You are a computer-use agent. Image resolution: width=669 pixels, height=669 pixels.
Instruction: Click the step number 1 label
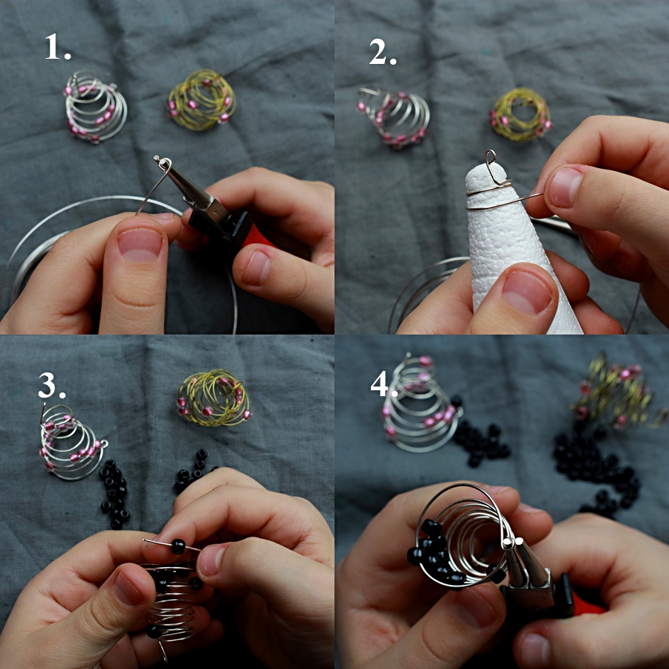(57, 47)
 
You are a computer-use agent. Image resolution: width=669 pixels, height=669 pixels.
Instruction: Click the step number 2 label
(383, 51)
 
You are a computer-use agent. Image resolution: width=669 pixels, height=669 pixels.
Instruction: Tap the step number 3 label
(51, 385)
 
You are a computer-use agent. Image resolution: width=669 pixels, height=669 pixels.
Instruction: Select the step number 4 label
(384, 383)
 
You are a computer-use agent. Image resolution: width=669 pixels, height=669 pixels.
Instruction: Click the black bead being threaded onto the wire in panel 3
(178, 546)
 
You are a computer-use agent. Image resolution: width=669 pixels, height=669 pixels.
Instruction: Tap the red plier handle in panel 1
(256, 237)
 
